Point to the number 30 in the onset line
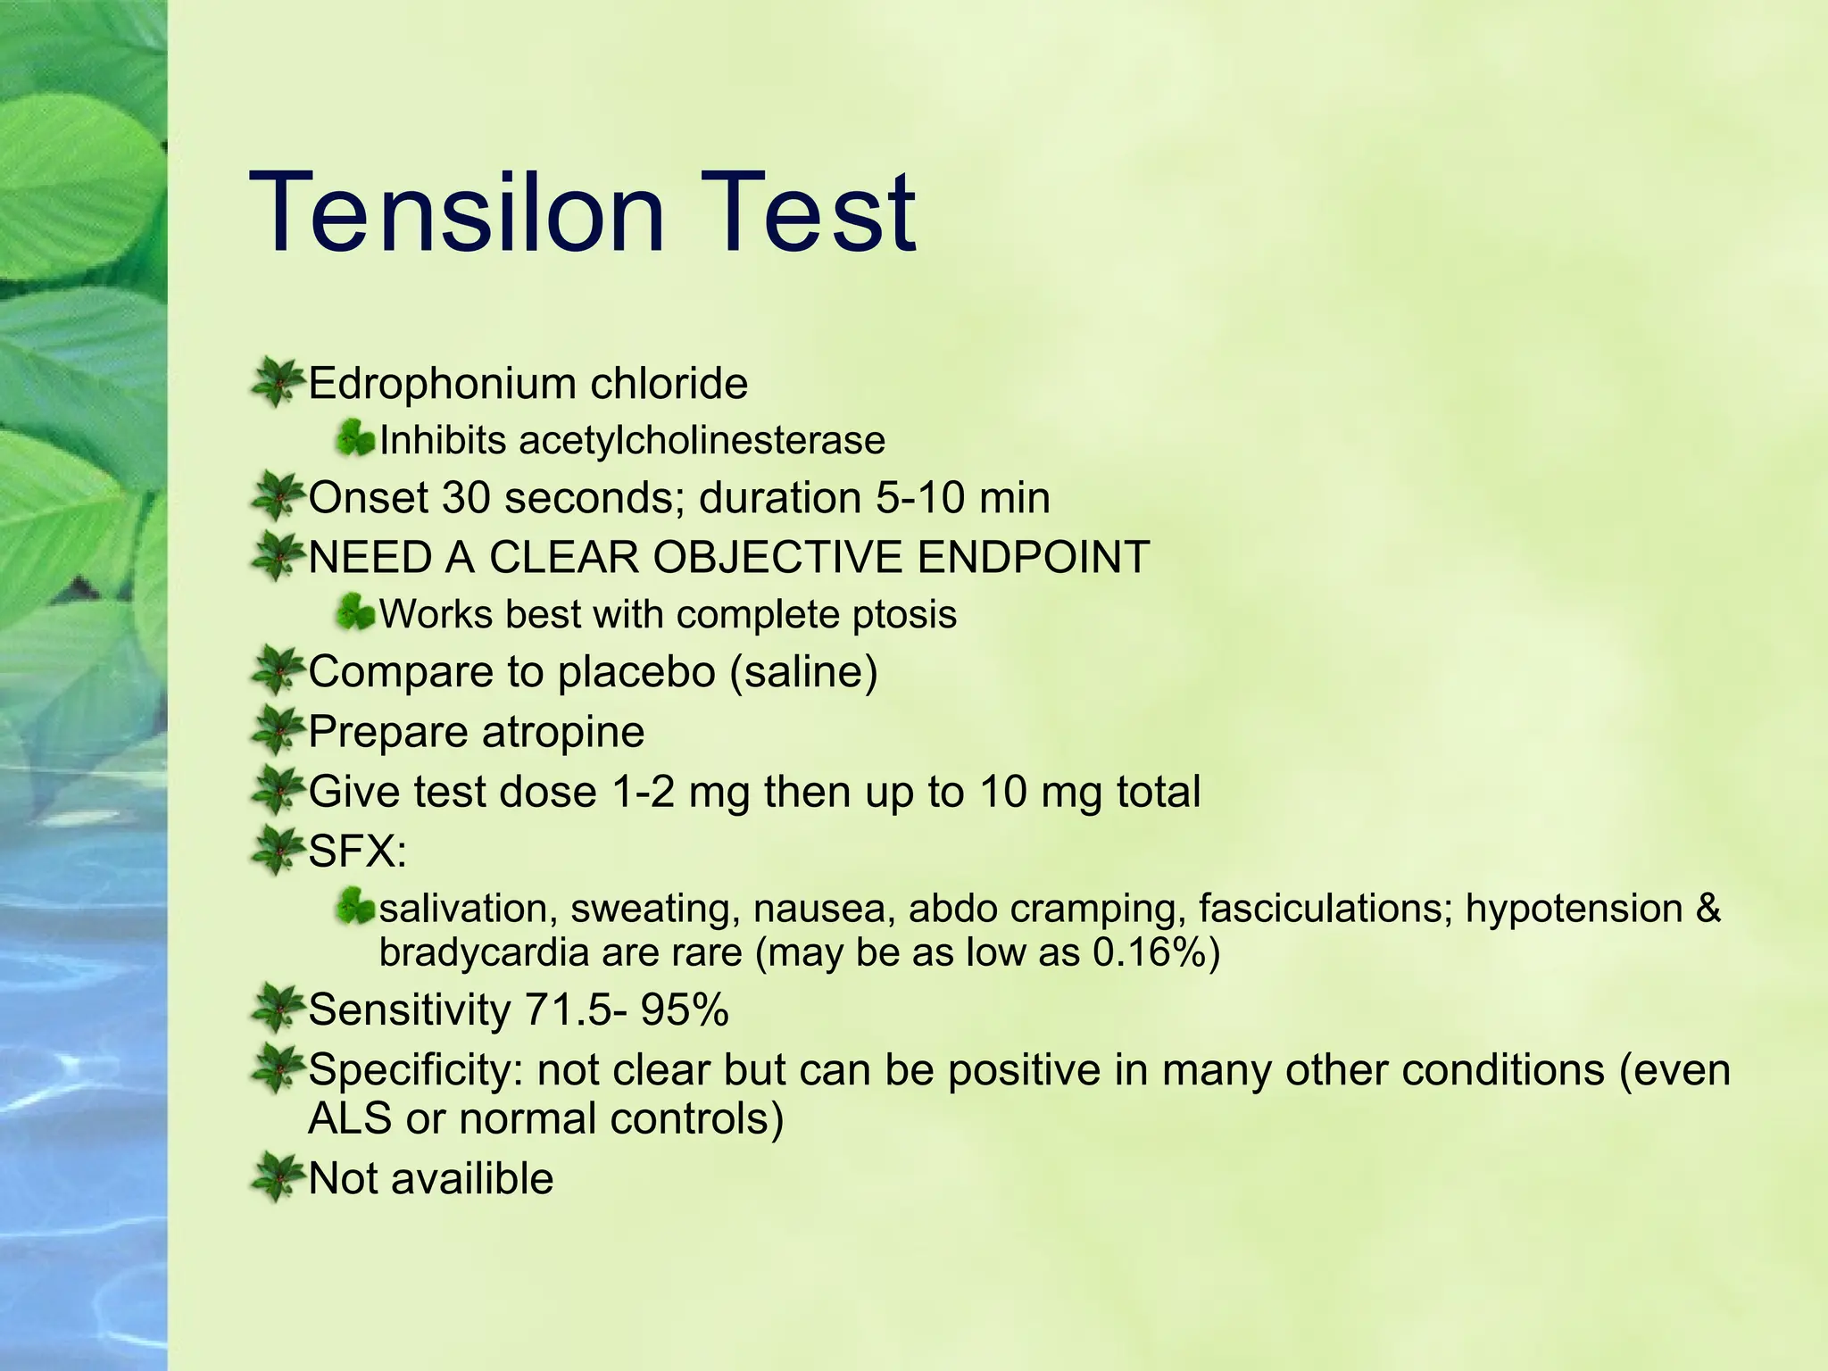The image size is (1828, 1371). point(466,497)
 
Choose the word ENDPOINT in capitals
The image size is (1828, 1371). point(1033,557)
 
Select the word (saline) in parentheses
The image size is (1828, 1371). point(804,671)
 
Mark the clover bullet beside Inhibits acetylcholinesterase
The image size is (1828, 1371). point(355,439)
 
